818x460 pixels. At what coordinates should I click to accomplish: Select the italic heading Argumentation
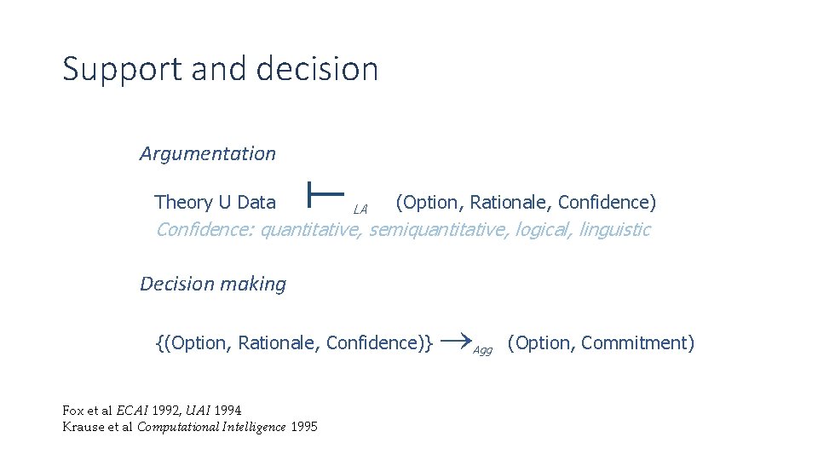pyautogui.click(x=208, y=153)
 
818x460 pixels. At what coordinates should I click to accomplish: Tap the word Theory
pyautogui.click(x=182, y=203)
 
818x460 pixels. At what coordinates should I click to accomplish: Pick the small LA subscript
pyautogui.click(x=360, y=209)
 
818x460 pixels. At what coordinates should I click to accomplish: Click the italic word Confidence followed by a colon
pyautogui.click(x=204, y=229)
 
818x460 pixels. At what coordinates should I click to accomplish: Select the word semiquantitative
pyautogui.click(x=437, y=229)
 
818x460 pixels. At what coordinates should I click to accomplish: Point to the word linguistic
pyautogui.click(x=614, y=229)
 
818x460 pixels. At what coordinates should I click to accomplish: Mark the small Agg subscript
pyautogui.click(x=483, y=350)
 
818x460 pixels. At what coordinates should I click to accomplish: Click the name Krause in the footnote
pyautogui.click(x=84, y=427)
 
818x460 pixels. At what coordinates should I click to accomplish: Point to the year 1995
pyautogui.click(x=303, y=427)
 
